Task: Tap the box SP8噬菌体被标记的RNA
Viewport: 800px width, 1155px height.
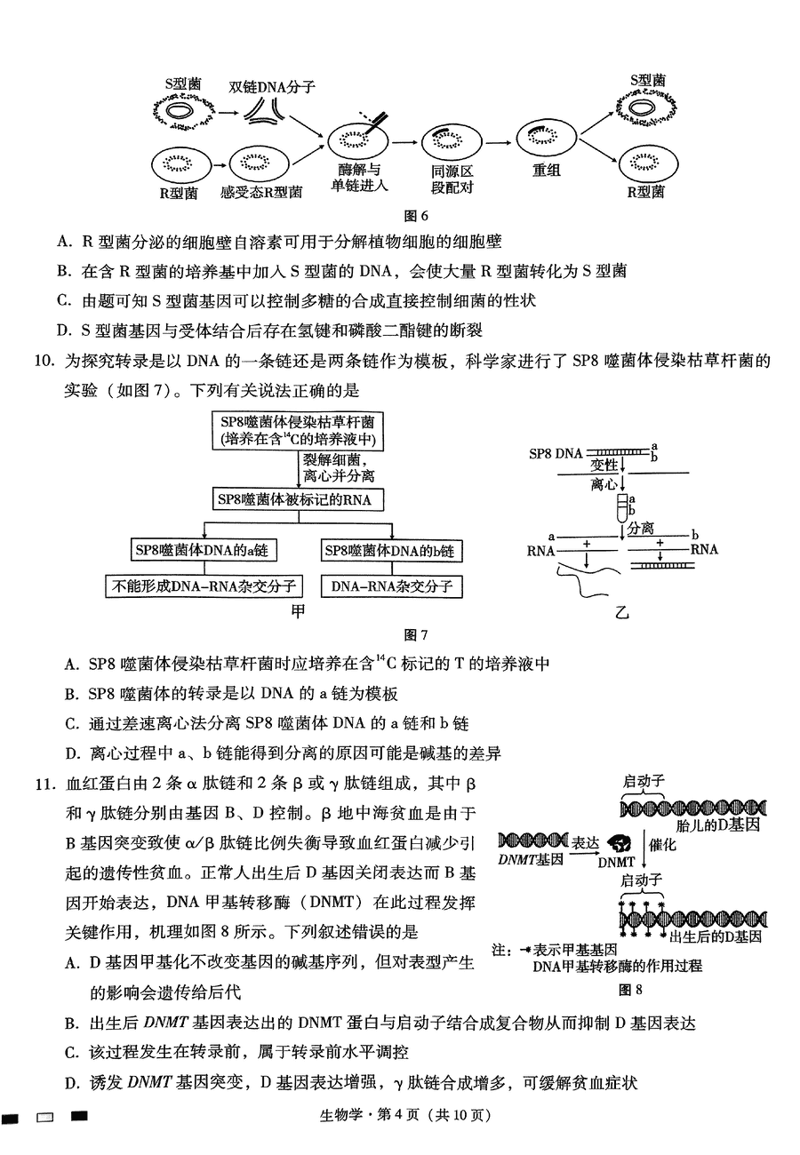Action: coord(294,499)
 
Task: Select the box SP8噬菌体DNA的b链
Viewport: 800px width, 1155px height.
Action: coord(388,551)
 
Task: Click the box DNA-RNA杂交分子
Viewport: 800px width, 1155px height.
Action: coord(391,585)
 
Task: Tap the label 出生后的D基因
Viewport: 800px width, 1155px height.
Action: coord(716,936)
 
